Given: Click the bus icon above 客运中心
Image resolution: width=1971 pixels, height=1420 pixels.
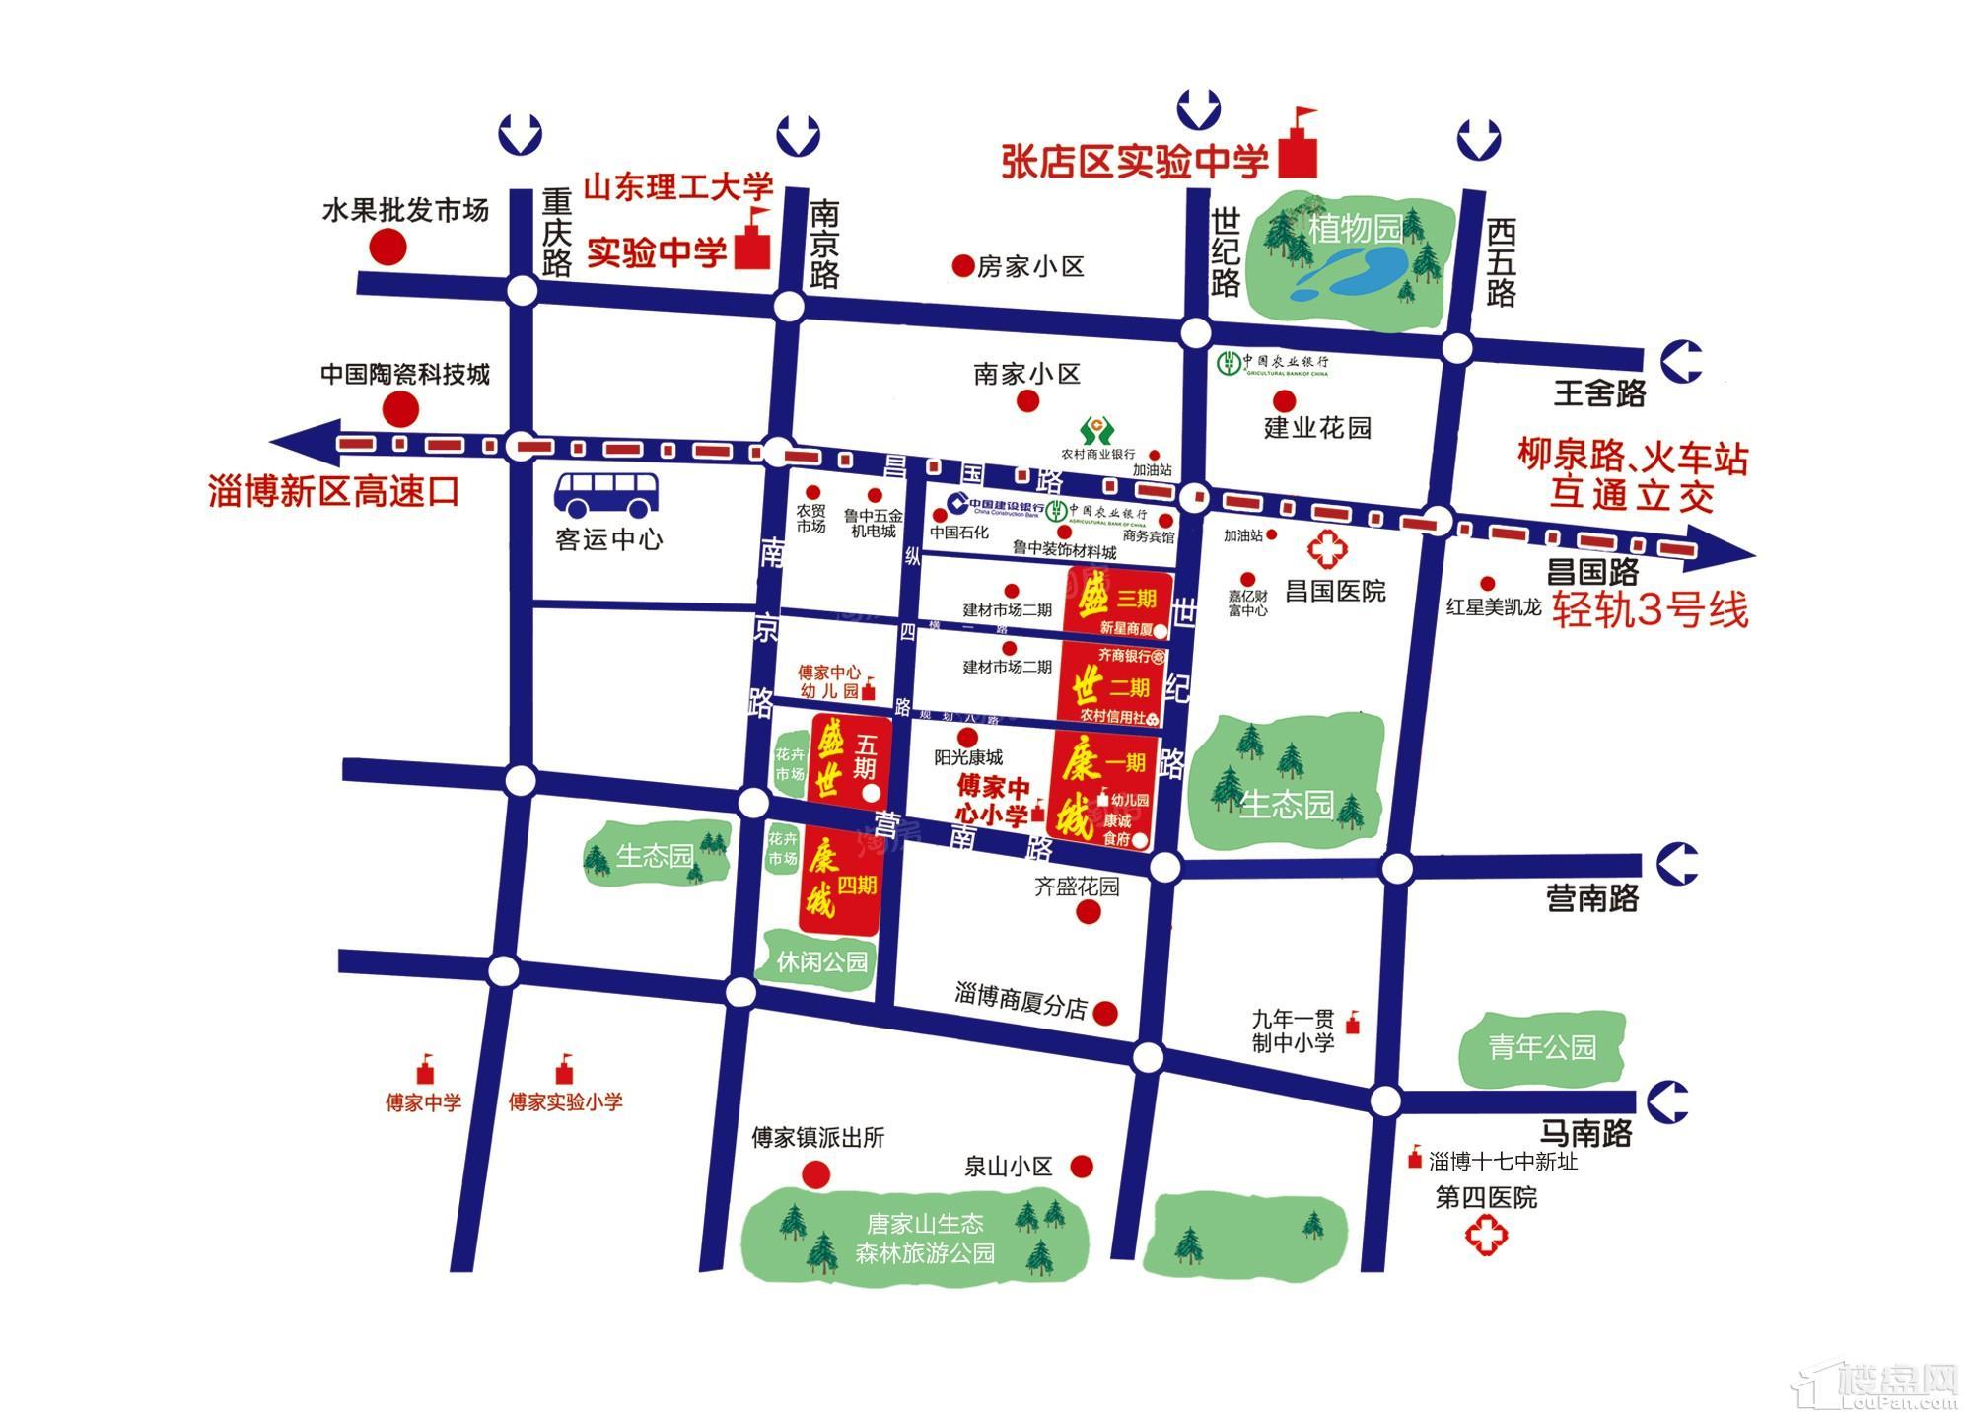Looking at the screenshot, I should pos(606,494).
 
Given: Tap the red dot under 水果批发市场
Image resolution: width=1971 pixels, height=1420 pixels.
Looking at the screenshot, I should pos(387,248).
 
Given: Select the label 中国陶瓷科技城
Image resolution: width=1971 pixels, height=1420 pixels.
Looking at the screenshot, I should pos(405,375).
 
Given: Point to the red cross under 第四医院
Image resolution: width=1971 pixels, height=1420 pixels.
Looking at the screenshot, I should pos(1486,1237).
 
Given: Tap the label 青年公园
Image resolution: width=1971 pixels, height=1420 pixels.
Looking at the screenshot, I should pos(1542,1047).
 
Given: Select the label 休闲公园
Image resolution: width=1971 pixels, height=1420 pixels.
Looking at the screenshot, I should pos(821,961).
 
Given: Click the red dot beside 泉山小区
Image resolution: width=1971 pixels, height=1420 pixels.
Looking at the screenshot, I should pos(1082,1167).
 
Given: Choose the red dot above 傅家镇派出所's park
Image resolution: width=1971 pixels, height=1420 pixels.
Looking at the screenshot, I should pos(815,1173).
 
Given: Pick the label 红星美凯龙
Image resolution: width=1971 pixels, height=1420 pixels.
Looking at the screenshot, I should pos(1493,607).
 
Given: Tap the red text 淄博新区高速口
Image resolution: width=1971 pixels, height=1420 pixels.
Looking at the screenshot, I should pos(334,491).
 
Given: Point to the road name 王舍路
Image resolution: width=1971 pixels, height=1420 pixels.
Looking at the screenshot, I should pos(1600,394).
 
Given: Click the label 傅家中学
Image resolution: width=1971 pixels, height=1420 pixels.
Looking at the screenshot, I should pos(423,1102).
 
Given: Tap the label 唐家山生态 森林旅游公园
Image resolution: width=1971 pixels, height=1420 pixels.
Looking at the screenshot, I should pos(925,1239).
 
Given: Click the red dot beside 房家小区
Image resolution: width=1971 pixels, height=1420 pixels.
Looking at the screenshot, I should pos(961,266).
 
